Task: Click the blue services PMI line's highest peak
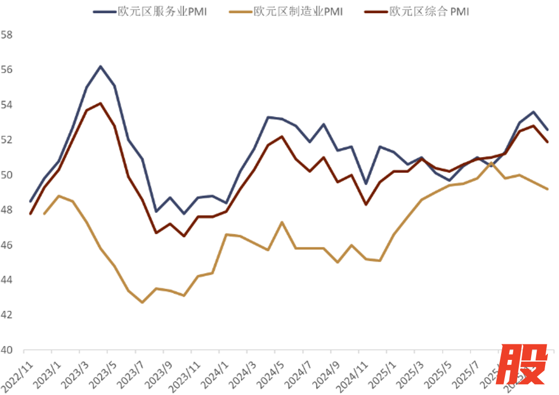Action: pos(100,66)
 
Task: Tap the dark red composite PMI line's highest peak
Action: pos(100,103)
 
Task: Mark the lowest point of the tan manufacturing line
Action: pos(142,303)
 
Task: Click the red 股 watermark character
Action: pos(523,365)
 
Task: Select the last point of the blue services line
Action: pos(547,129)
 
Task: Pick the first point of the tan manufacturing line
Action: pos(44,213)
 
